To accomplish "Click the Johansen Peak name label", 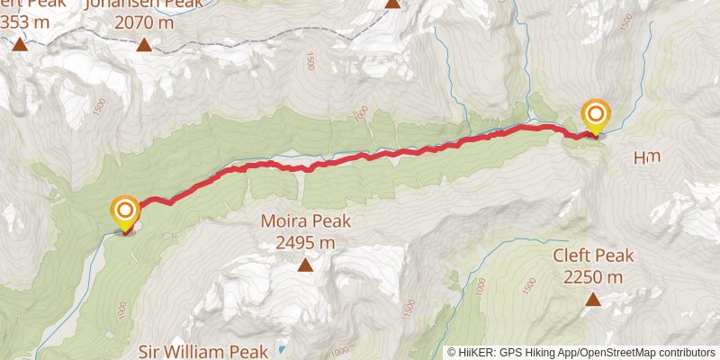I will (x=143, y=4).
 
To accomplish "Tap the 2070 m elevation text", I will (x=144, y=22).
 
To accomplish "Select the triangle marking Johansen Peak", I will (x=143, y=43).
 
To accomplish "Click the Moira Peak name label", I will (x=305, y=221).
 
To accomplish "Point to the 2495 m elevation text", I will (x=305, y=241).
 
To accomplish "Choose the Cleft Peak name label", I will (x=593, y=256).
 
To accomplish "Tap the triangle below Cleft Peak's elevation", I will (x=593, y=298).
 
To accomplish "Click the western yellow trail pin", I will (x=124, y=213).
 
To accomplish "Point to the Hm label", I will (x=646, y=157).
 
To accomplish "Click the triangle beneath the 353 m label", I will (x=19, y=43).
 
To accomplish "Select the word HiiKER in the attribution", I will (x=477, y=353).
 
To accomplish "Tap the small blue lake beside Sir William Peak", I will (x=282, y=348).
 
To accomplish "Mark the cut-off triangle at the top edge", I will (x=392, y=4).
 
